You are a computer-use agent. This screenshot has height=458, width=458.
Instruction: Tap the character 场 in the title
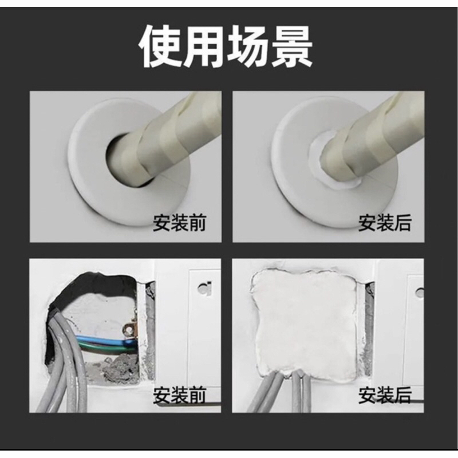(248, 48)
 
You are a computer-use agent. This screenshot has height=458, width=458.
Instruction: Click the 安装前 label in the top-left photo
(180, 224)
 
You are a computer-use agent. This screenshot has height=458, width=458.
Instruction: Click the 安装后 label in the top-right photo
(385, 224)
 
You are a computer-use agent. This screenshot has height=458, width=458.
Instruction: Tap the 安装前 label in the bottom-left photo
(180, 395)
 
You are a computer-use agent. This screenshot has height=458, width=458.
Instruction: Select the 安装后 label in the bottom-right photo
(385, 395)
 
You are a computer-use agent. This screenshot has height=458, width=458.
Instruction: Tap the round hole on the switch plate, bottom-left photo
(204, 288)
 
